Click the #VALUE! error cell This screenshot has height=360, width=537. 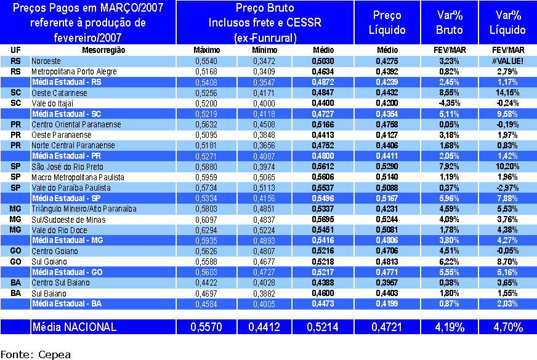tap(509, 61)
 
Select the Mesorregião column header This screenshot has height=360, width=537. tap(103, 50)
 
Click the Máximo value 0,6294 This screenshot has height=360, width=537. tap(206, 230)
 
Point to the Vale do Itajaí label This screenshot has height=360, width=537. tap(56, 103)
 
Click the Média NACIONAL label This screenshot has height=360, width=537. tap(74, 327)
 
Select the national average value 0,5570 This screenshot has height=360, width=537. tap(206, 327)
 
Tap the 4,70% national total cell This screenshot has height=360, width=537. tap(509, 327)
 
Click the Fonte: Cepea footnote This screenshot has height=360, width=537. tap(35, 354)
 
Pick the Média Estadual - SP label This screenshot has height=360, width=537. tap(67, 198)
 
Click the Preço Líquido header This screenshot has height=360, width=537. tap(387, 22)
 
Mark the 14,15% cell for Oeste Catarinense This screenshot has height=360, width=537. tap(509, 92)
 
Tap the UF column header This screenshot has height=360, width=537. tap(16, 50)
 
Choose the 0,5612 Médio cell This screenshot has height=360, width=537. tap(323, 166)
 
